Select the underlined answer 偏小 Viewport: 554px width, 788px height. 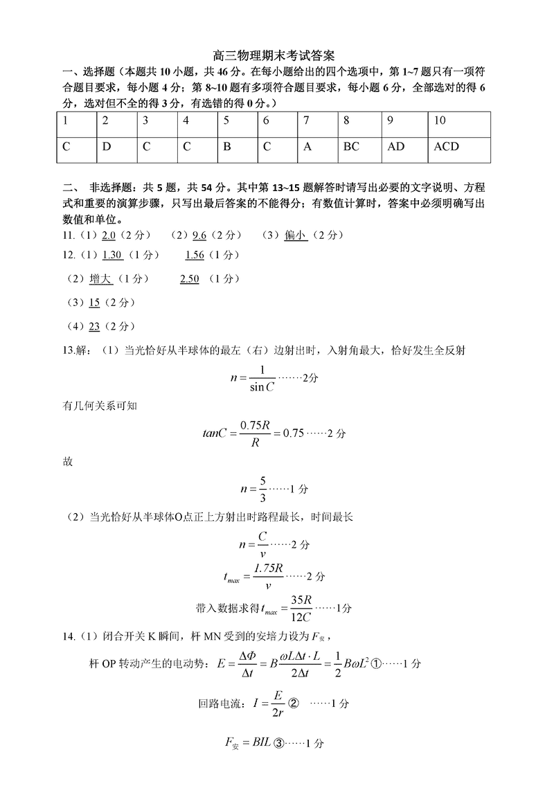coord(295,235)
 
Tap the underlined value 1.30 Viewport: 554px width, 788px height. coord(111,255)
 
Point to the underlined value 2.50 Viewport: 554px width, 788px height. coord(189,278)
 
